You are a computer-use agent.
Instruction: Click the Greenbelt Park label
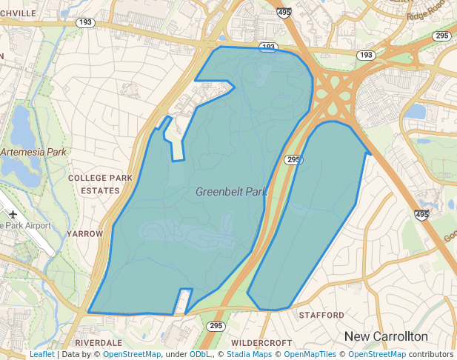pyautogui.click(x=230, y=192)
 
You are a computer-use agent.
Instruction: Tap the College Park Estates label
pyautogui.click(x=100, y=184)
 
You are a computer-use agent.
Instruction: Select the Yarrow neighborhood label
pyautogui.click(x=85, y=233)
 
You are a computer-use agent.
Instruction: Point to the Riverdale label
pyautogui.click(x=99, y=343)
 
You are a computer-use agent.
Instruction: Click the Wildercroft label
pyautogui.click(x=261, y=343)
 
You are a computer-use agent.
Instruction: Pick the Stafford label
pyautogui.click(x=321, y=315)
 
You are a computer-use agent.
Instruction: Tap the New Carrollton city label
pyautogui.click(x=386, y=336)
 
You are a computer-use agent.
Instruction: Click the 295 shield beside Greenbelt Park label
pyautogui.click(x=293, y=160)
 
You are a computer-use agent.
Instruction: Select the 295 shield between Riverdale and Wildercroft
pyautogui.click(x=216, y=326)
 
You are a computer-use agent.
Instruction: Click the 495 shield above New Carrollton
pyautogui.click(x=421, y=215)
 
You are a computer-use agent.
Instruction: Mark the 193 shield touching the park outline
pyautogui.click(x=268, y=47)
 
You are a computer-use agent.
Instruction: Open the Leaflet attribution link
pyautogui.click(x=41, y=355)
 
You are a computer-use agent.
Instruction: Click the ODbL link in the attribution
pyautogui.click(x=199, y=355)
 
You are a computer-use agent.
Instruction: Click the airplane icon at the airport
pyautogui.click(x=14, y=213)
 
